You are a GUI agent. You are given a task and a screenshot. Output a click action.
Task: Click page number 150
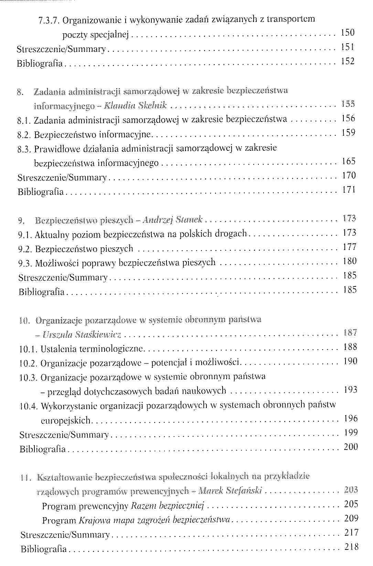(x=348, y=33)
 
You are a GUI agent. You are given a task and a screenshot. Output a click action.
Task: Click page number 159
(x=349, y=133)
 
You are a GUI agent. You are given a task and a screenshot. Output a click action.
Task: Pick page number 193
(x=351, y=390)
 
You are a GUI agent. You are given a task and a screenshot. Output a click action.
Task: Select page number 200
(x=351, y=447)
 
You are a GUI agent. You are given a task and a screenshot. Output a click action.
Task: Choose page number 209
(x=351, y=519)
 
